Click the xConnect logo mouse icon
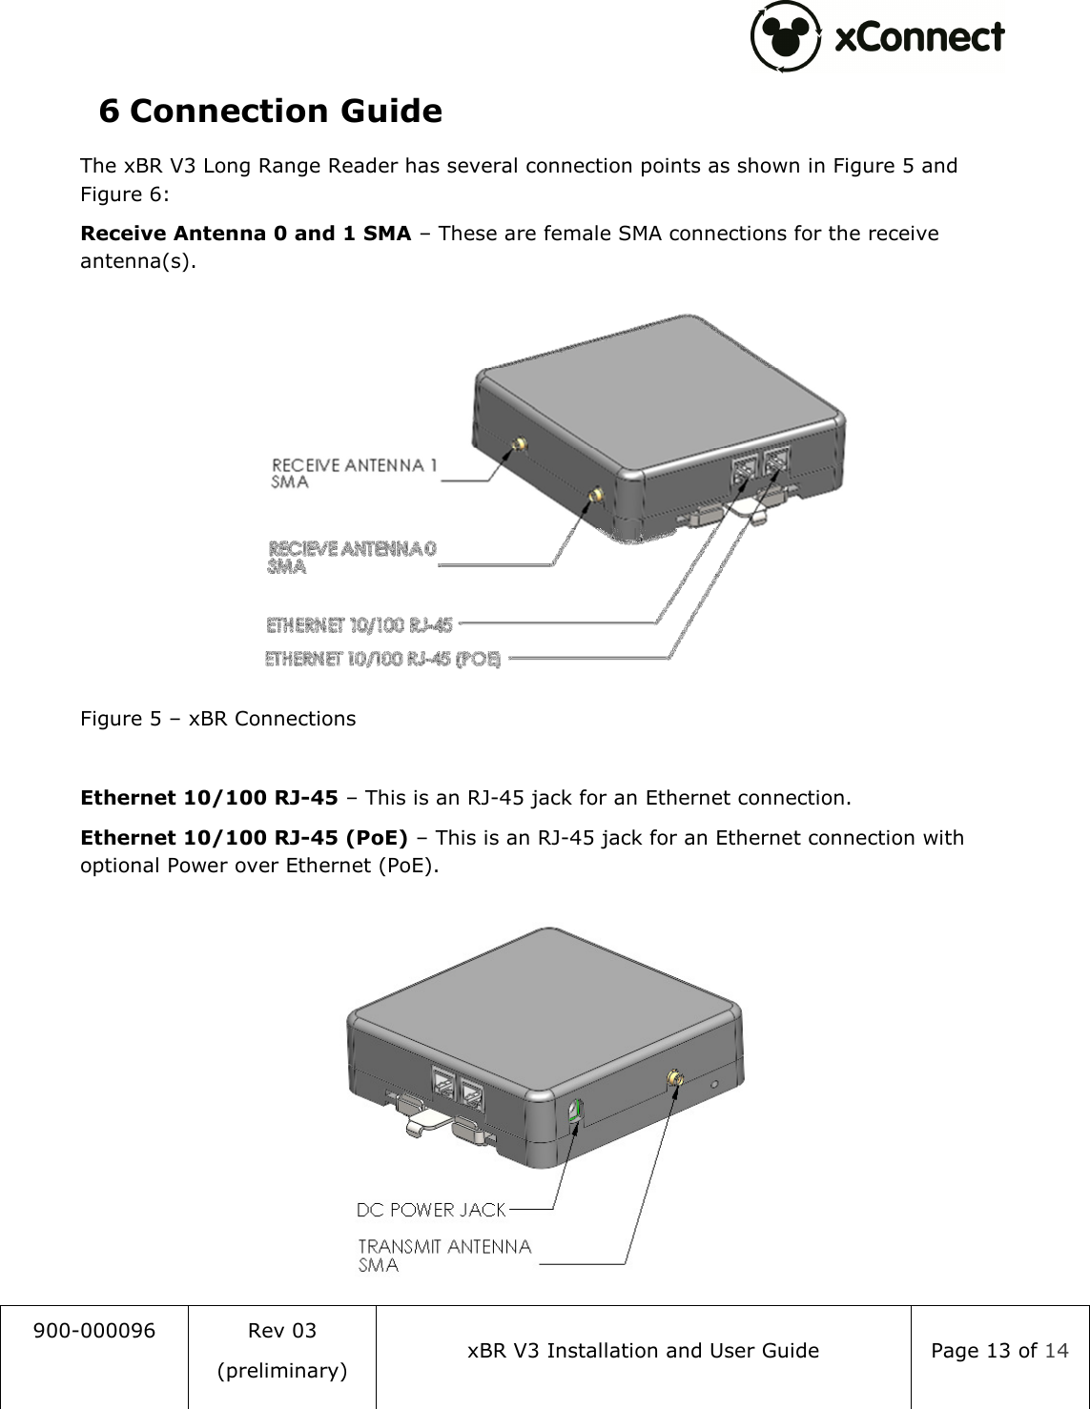[x=786, y=36]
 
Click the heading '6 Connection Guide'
[x=271, y=112]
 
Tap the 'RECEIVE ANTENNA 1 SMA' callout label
[x=354, y=473]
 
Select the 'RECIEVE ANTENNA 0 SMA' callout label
[x=351, y=557]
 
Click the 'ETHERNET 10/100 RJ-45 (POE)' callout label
[x=382, y=659]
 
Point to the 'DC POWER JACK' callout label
[x=431, y=1210]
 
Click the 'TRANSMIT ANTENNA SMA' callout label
[x=443, y=1255]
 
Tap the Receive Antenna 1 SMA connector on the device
[x=521, y=445]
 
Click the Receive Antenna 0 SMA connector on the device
[x=595, y=495]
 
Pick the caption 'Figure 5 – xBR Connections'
[x=217, y=719]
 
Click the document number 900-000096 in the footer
[x=94, y=1331]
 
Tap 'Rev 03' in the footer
[x=281, y=1331]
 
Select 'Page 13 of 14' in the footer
[x=999, y=1351]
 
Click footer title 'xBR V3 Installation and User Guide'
[x=643, y=1351]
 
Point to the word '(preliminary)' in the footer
[x=281, y=1371]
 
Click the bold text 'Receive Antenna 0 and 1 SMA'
[x=246, y=234]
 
